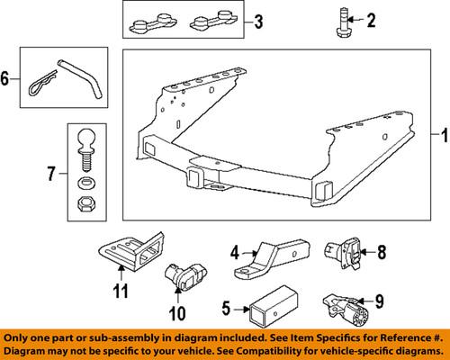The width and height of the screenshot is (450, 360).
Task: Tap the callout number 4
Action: tap(234, 252)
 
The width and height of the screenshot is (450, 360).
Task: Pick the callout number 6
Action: tap(11, 78)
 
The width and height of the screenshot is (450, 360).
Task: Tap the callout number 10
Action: tap(176, 314)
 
